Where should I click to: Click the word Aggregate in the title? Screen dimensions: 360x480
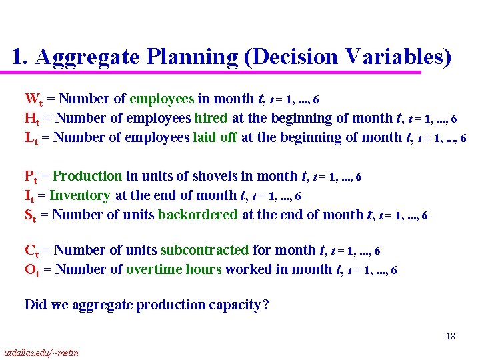(87, 57)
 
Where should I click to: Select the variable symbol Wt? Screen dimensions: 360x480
(34, 100)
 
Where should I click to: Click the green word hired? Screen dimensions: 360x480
(211, 119)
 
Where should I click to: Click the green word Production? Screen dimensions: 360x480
(87, 177)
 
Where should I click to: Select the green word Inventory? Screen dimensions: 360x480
(79, 196)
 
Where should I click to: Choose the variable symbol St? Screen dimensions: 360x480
(32, 215)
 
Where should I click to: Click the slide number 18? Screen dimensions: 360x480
(451, 337)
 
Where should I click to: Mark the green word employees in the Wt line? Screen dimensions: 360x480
(161, 99)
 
